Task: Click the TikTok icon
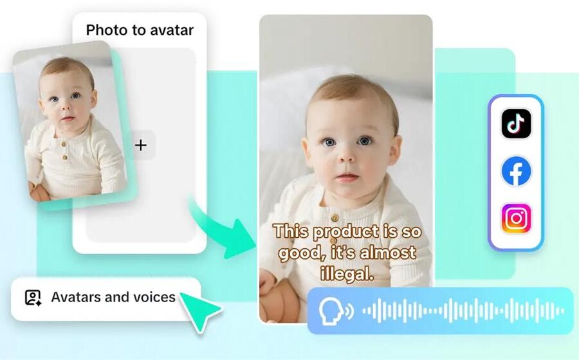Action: coord(516,124)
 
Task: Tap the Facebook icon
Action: coord(516,172)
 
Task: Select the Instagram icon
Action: coord(516,219)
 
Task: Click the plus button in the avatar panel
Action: coord(141,145)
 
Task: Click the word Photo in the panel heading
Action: coord(107,30)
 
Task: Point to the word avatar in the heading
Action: coord(173,30)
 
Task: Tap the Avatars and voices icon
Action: coord(33,297)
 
